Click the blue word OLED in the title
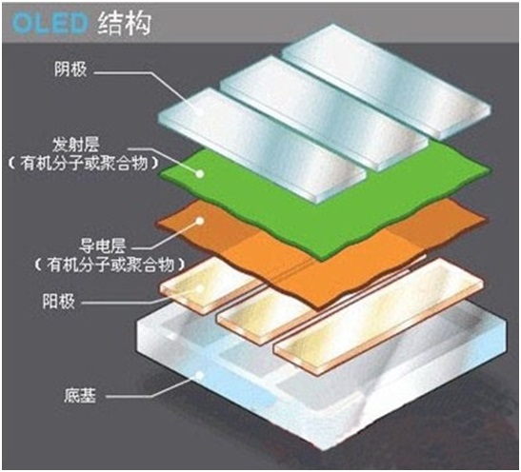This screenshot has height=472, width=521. coord(50,23)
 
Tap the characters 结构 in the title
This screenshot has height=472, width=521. coord(125,23)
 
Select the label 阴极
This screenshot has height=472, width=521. coord(70,69)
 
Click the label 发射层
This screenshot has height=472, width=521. coord(76,145)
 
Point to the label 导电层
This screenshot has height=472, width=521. coord(102,246)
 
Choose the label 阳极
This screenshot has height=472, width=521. coord(58,302)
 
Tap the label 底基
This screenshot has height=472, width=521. coord(80,395)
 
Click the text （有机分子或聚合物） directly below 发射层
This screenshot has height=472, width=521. coord(84,164)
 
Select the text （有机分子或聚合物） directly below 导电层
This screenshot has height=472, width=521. coord(110,265)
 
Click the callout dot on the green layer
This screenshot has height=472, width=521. coord(200,173)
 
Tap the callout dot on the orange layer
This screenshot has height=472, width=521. coord(200,221)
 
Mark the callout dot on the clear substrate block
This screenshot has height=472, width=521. coord(200,375)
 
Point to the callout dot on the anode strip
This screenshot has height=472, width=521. coord(200,288)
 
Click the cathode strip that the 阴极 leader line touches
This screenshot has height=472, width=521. coord(263,146)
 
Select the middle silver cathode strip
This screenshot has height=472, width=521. coord(324,114)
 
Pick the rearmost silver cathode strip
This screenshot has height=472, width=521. coord(386,82)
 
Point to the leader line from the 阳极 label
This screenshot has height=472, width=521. coord(141,298)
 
